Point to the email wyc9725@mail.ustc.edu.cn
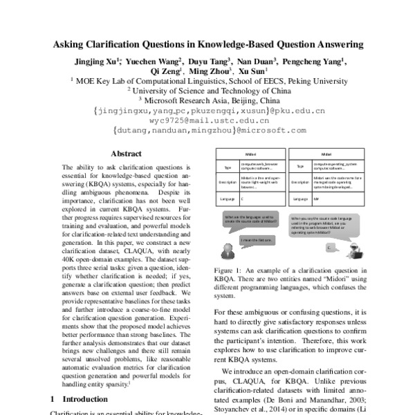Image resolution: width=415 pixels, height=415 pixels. pyautogui.click(x=207, y=120)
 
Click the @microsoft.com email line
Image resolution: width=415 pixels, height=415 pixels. pyautogui.click(x=208, y=129)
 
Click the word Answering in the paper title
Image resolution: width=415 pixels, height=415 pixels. pyautogui.click(x=336, y=44)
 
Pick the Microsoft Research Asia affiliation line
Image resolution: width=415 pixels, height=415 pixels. pyautogui.click(x=208, y=100)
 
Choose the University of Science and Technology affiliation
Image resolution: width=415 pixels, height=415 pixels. pyautogui.click(x=207, y=90)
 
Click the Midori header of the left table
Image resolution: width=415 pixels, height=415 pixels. pyautogui.click(x=251, y=154)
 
